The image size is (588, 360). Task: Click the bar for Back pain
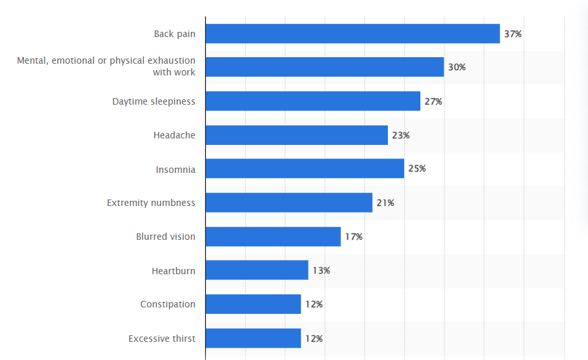click(x=353, y=34)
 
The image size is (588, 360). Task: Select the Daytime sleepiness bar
click(x=313, y=101)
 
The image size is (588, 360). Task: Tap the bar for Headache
click(x=296, y=135)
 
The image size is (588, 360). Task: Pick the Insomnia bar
click(x=305, y=169)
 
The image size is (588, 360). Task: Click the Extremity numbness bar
click(x=288, y=203)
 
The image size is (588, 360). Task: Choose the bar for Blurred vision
click(x=273, y=237)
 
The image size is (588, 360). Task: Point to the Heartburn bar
click(x=257, y=270)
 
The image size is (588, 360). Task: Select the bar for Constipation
click(x=253, y=304)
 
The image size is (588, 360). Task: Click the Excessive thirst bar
click(x=253, y=338)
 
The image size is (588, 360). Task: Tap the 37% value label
click(x=513, y=34)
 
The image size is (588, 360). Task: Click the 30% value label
click(x=457, y=68)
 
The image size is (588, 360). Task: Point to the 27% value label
click(x=433, y=101)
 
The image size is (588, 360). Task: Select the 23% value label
click(x=401, y=135)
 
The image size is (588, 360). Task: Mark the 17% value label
click(x=353, y=237)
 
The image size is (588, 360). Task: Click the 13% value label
click(x=321, y=270)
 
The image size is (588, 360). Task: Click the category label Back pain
click(x=174, y=34)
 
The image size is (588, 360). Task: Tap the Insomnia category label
click(x=175, y=170)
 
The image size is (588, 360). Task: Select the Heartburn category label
click(x=173, y=270)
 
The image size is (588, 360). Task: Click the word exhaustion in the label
click(x=172, y=61)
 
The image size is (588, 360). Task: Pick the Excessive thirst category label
click(x=162, y=339)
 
